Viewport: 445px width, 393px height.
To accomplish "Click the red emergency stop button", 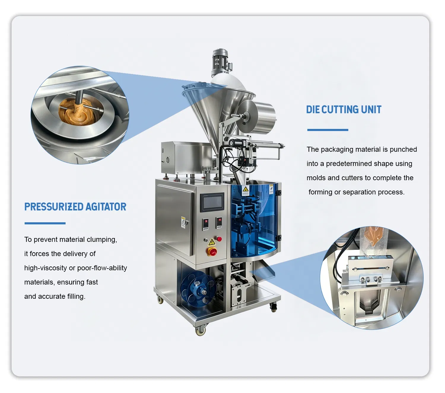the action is click(x=212, y=252).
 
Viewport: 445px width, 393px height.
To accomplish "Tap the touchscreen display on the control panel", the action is click(x=212, y=202).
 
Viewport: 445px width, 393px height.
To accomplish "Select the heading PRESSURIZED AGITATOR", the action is click(x=75, y=207).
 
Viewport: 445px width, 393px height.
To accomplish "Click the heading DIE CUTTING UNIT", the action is click(x=344, y=109).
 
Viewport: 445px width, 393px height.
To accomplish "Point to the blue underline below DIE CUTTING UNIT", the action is click(x=328, y=130).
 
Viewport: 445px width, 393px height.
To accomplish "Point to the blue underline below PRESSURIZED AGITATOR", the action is click(x=45, y=223).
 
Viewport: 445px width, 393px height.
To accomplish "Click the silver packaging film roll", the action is click(x=257, y=117).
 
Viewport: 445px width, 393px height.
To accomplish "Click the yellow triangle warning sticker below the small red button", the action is click(x=212, y=242).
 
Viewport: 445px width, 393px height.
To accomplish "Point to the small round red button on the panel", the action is click(x=219, y=239).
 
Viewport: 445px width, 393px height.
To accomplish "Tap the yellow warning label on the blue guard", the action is click(x=245, y=190).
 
